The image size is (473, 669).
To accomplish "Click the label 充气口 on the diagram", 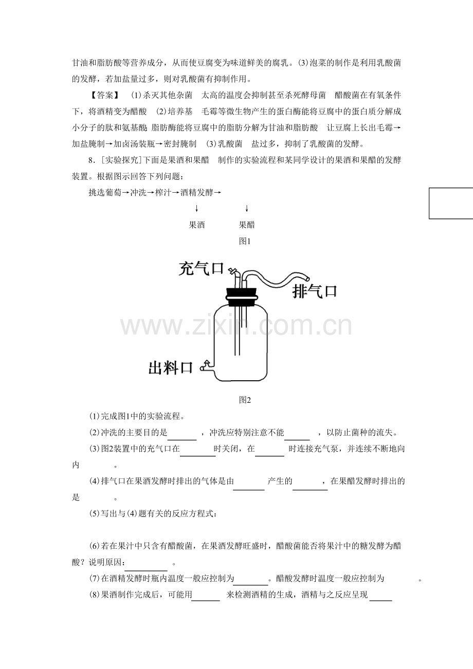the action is pyautogui.click(x=201, y=269).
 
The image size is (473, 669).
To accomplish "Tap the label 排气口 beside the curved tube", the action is pyautogui.click(x=315, y=291).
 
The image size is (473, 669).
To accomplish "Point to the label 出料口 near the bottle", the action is pyautogui.click(x=171, y=368).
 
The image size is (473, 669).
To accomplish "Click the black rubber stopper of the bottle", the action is pyautogui.click(x=242, y=297).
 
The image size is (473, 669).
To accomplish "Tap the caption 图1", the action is pyautogui.click(x=245, y=241).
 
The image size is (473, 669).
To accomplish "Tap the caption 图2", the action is pyautogui.click(x=245, y=400).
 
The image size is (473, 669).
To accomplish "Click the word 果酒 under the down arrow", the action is pyautogui.click(x=196, y=225).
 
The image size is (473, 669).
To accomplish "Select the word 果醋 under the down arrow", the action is pyautogui.click(x=247, y=225).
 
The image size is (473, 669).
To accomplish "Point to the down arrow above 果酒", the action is pyautogui.click(x=196, y=209).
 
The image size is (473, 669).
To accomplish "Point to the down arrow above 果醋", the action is pyautogui.click(x=247, y=209).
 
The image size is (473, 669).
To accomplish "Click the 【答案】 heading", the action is pyautogui.click(x=104, y=95).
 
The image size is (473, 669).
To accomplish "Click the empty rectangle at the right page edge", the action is pyautogui.click(x=451, y=203).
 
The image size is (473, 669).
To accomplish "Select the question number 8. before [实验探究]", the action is pyautogui.click(x=91, y=160).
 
